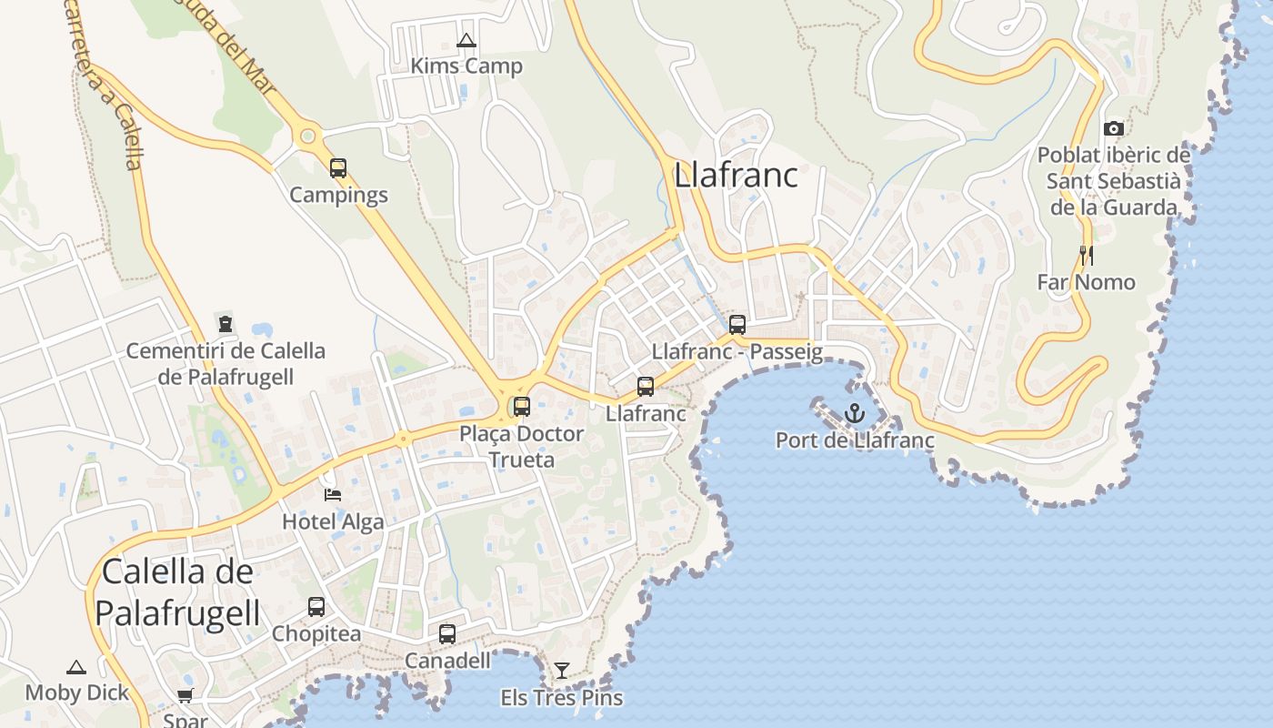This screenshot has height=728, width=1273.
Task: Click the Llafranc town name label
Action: (736, 175)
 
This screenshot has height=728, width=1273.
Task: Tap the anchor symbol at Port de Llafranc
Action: (854, 414)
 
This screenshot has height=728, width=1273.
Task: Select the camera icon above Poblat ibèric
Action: (1113, 129)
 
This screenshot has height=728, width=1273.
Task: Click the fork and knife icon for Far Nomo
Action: (1086, 256)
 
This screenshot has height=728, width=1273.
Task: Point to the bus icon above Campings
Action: (338, 168)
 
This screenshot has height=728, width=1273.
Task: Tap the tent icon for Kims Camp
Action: (466, 40)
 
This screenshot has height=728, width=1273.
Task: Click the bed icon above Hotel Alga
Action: (333, 495)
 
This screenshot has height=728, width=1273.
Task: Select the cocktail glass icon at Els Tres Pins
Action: (562, 671)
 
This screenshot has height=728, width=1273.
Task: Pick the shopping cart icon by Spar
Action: (185, 696)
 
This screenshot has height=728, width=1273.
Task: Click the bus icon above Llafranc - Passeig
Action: (737, 324)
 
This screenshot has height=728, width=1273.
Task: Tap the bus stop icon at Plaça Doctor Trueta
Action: (522, 407)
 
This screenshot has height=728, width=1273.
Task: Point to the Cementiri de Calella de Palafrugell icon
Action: (225, 323)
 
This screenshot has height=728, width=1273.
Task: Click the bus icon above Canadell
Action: (447, 634)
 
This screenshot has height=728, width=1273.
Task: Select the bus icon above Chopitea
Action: (316, 606)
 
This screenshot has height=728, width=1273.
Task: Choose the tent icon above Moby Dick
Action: (76, 667)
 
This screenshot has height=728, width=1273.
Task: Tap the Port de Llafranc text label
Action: (855, 440)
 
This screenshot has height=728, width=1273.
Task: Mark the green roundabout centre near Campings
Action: (307, 137)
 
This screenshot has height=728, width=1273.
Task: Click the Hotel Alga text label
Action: (333, 522)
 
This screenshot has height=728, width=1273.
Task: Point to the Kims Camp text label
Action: (466, 66)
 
